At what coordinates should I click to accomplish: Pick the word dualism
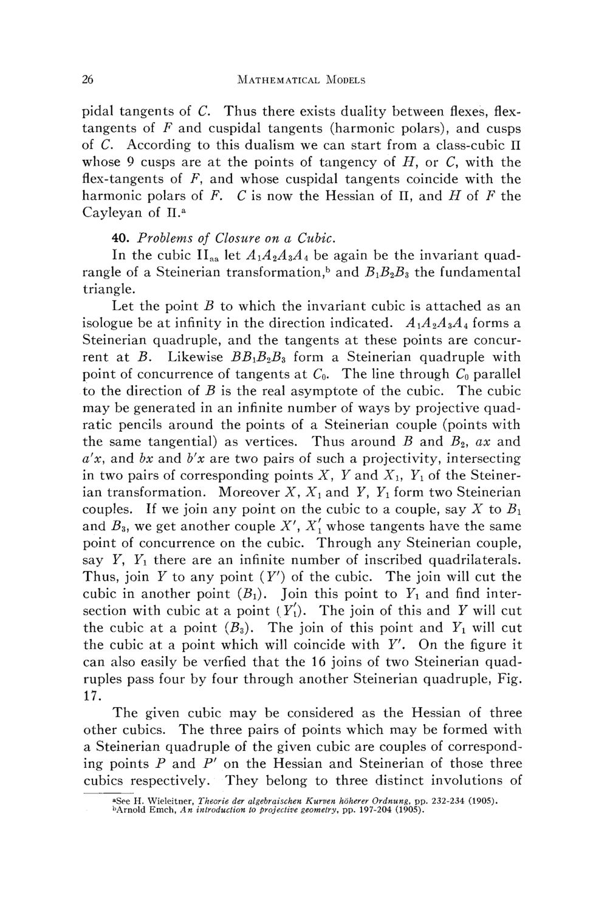pyautogui.click(x=295, y=145)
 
